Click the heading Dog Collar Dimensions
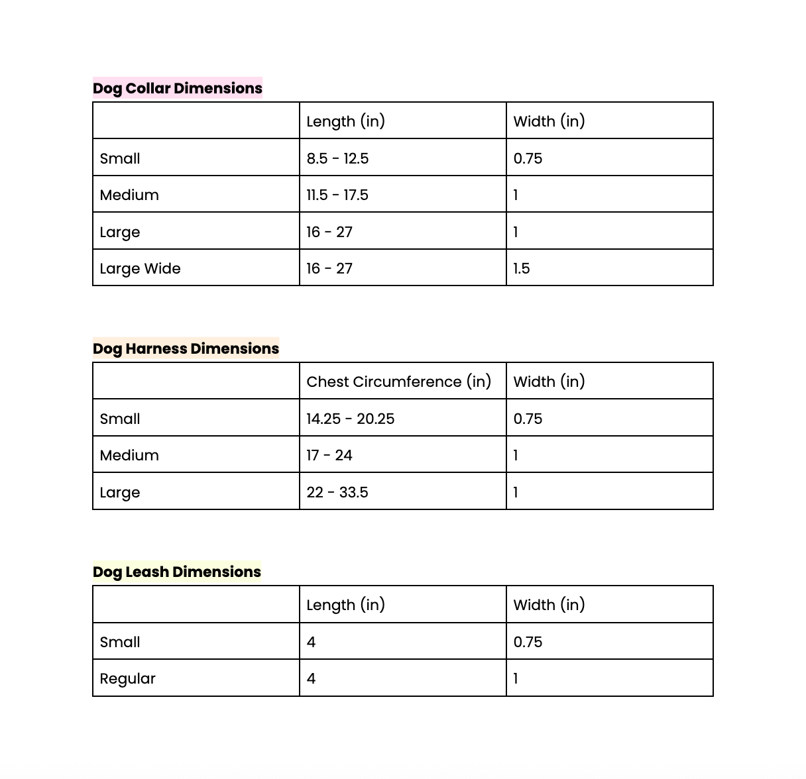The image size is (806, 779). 177,88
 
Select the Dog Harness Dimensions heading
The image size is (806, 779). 186,348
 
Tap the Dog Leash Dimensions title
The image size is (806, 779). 176,572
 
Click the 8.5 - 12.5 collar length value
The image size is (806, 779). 337,158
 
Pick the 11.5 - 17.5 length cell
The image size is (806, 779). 337,195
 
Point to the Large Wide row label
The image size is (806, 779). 140,268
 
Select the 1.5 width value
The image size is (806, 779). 522,268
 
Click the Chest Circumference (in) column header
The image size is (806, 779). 398,382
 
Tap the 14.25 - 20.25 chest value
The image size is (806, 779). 350,419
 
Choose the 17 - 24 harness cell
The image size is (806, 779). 329,455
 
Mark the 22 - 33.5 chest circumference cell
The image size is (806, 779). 337,492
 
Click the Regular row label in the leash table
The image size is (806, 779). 127,678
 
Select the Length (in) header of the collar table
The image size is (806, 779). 345,121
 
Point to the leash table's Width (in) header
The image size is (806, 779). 549,605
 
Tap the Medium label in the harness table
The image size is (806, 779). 129,455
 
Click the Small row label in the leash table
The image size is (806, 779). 120,642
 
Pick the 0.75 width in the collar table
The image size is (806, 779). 528,158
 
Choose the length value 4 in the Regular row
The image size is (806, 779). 311,678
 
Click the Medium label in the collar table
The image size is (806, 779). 129,195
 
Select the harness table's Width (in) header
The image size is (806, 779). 549,382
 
